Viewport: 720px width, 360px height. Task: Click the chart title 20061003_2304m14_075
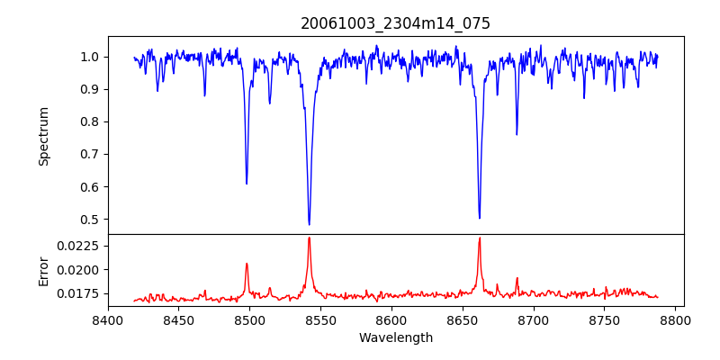(x=395, y=23)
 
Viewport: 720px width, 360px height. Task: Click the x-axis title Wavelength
(x=395, y=337)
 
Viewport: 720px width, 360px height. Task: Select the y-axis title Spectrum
(x=43, y=136)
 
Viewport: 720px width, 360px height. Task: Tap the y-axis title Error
(x=43, y=270)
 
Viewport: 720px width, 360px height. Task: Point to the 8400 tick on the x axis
(x=108, y=319)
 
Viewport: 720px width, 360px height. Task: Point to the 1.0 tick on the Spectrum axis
(x=90, y=57)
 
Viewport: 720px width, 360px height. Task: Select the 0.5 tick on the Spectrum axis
(x=90, y=219)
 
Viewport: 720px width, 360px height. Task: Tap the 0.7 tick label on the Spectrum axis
(x=90, y=154)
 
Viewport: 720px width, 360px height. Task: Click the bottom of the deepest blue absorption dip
(x=309, y=224)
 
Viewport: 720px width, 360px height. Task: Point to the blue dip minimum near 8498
(x=247, y=184)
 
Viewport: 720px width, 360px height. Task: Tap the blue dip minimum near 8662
(x=479, y=218)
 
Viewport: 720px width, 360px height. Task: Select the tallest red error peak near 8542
(x=309, y=238)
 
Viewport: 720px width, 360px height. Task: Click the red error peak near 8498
(x=247, y=264)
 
